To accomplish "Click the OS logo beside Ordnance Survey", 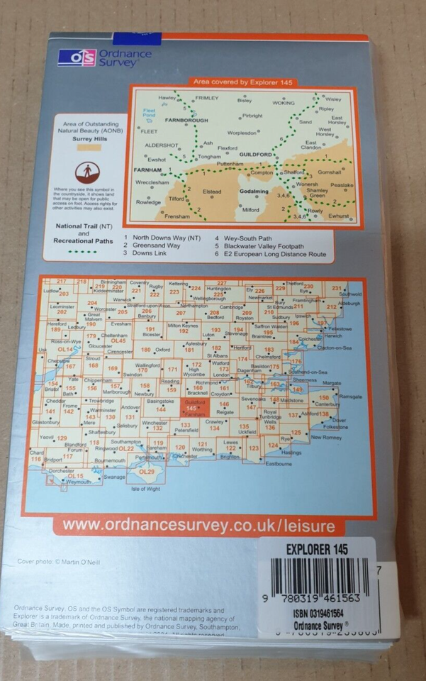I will (x=77, y=58).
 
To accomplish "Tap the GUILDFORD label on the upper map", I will (x=257, y=155).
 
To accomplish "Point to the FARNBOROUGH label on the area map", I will (x=168, y=121).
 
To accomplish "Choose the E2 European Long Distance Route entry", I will (x=270, y=254).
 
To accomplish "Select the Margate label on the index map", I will (x=332, y=383).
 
